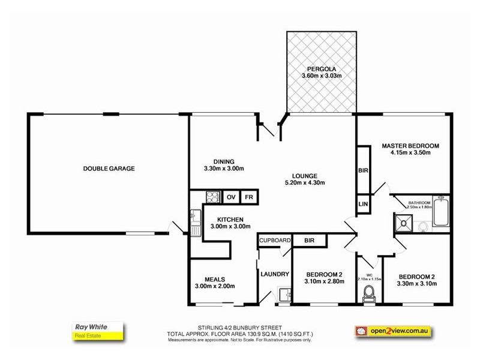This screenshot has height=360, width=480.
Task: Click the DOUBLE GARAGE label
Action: click(x=109, y=169)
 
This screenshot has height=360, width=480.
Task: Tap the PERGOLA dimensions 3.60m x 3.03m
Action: click(x=322, y=76)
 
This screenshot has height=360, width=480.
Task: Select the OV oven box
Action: click(x=231, y=197)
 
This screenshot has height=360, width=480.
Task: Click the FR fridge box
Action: click(x=249, y=197)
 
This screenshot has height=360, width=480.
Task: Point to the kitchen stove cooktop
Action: click(x=213, y=197)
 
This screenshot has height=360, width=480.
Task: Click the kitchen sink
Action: click(x=196, y=223)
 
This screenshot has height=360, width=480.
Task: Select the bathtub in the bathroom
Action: click(x=441, y=212)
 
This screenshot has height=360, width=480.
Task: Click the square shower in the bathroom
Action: click(x=403, y=223)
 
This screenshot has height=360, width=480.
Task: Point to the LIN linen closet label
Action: click(x=363, y=204)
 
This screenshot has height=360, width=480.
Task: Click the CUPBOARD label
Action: click(x=275, y=241)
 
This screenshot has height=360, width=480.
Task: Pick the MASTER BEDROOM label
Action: click(x=410, y=146)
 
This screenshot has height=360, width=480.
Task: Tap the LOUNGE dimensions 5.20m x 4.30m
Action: click(x=305, y=183)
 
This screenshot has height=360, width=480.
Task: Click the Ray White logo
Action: click(x=98, y=331)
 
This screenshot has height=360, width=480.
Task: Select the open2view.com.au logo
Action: click(x=394, y=331)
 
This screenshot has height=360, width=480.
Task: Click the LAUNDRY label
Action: click(x=275, y=274)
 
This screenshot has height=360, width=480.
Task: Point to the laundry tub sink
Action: click(x=284, y=295)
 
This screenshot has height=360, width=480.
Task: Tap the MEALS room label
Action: click(x=215, y=280)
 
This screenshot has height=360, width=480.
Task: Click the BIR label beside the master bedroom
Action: click(x=363, y=170)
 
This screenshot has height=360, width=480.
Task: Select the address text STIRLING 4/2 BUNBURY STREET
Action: click(x=239, y=328)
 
